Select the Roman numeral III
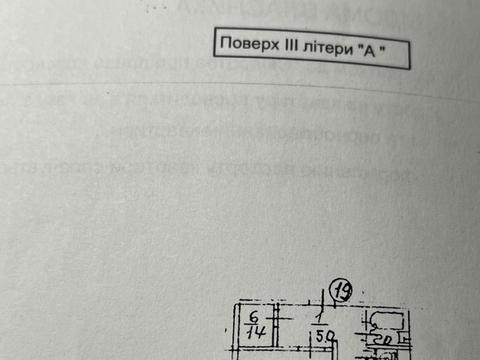click(290, 48)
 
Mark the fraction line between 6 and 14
click(254, 326)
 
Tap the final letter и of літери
click(345, 49)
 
